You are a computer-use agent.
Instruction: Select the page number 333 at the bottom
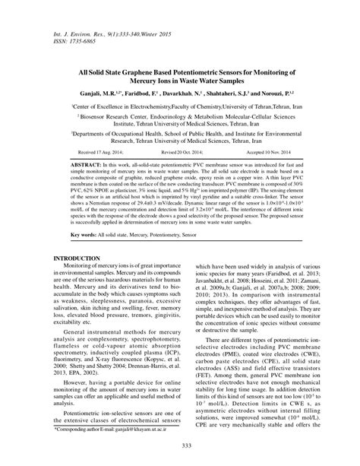[x=180, y=454]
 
